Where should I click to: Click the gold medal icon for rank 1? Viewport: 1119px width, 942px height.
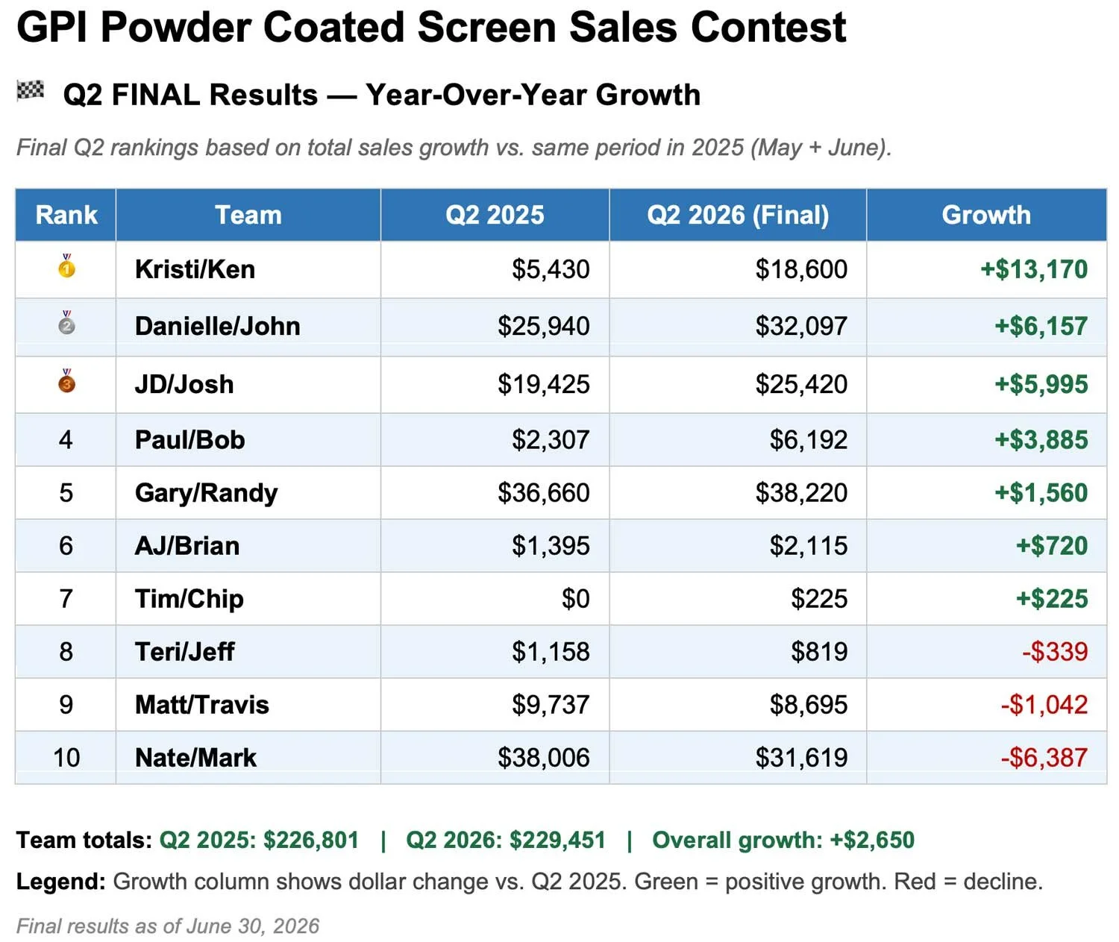click(66, 266)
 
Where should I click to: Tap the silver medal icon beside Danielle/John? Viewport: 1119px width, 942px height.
click(66, 322)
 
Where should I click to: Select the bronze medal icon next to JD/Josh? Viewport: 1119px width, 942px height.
click(66, 381)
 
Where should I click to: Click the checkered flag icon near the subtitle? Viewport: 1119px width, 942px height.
click(30, 91)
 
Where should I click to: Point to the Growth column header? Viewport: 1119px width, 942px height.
click(986, 215)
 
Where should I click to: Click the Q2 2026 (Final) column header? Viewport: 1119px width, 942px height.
click(738, 215)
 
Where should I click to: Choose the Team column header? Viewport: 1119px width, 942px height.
click(248, 215)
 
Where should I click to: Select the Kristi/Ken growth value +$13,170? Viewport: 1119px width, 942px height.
click(1034, 269)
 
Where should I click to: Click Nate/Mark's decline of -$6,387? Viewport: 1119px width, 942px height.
click(1044, 758)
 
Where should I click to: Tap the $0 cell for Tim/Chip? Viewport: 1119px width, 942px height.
click(576, 598)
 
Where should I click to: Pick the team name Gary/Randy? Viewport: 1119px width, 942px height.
click(207, 493)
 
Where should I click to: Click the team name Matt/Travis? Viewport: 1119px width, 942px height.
click(202, 705)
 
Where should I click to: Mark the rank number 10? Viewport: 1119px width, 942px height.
click(66, 758)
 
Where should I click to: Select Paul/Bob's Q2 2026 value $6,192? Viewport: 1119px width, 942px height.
click(808, 440)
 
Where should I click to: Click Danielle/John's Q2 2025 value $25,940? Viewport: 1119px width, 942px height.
click(543, 326)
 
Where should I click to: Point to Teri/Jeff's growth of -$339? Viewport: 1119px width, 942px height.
click(1055, 652)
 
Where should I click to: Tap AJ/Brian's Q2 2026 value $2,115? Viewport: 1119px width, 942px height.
click(808, 545)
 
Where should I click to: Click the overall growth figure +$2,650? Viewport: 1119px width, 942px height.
click(872, 840)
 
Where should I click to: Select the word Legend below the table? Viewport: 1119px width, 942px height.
click(60, 882)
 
